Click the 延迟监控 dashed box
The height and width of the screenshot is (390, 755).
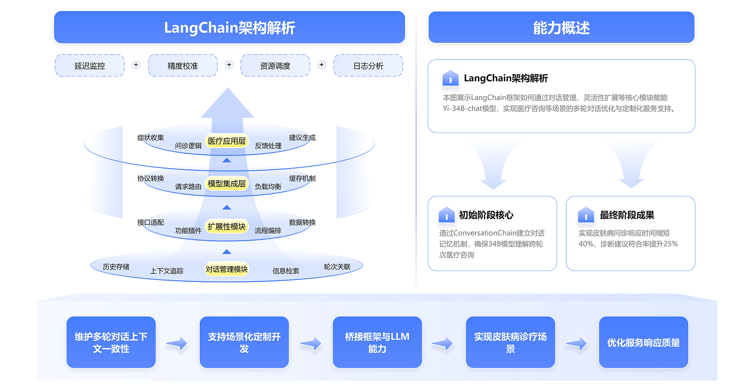coord(89,66)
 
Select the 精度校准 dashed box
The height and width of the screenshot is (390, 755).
coord(183,66)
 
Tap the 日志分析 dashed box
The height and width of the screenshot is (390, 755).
coord(368,66)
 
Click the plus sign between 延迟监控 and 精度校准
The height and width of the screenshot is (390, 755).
coord(136,65)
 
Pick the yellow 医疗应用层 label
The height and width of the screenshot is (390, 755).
coord(226,141)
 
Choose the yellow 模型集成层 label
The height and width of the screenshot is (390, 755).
coord(226,183)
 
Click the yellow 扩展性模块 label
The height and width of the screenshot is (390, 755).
coord(226,227)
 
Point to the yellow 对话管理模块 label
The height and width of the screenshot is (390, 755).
coord(226,269)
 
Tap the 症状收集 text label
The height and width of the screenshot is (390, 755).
coord(151,137)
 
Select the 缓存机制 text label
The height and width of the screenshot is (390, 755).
coord(302,178)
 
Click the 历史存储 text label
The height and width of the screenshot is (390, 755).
coord(116,267)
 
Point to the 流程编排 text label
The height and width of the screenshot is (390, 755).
coord(268,230)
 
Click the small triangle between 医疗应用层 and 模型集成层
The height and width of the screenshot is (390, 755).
coord(227,160)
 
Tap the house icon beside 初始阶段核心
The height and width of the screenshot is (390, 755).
coord(447,215)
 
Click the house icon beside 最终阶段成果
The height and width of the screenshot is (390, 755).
coord(586,215)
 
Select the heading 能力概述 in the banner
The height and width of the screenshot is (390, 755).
coord(561,28)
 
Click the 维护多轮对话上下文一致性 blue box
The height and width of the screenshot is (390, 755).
coord(111,342)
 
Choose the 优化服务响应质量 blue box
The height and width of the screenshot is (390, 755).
coord(643,342)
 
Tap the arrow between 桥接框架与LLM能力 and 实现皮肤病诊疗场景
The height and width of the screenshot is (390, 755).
coord(443,343)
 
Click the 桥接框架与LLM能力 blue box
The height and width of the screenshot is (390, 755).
coord(377,342)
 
